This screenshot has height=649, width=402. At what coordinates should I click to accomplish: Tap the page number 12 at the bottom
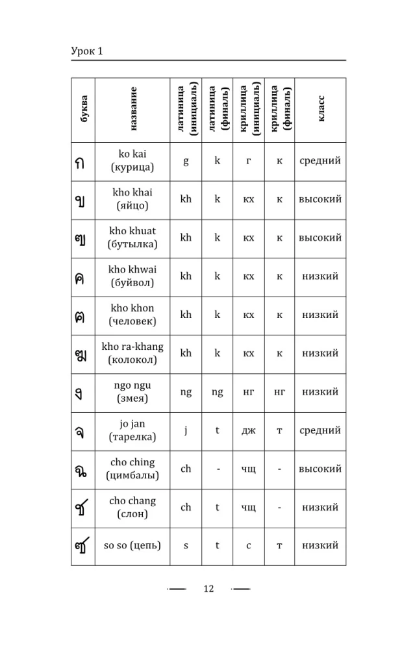208,589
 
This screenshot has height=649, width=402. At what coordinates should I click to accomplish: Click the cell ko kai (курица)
132,161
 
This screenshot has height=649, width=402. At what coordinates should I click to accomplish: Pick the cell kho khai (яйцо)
132,199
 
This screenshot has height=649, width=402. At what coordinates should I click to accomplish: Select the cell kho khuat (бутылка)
132,238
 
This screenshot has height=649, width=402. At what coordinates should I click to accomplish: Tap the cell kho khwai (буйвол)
132,276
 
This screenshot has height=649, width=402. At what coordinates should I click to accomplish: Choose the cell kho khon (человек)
132,315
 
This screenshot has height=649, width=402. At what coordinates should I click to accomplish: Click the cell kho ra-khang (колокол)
132,353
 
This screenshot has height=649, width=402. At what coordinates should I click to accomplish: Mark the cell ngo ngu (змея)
132,391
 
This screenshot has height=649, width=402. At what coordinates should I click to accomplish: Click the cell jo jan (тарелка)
132,430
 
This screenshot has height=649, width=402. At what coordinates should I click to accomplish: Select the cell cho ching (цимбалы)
132,469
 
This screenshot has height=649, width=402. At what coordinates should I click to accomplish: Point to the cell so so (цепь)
132,545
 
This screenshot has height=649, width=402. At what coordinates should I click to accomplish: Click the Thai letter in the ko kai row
82,162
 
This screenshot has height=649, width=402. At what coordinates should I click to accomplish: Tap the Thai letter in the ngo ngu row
82,393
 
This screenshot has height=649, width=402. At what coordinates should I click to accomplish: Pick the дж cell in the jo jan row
248,430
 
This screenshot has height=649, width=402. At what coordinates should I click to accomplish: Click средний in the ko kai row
320,161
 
